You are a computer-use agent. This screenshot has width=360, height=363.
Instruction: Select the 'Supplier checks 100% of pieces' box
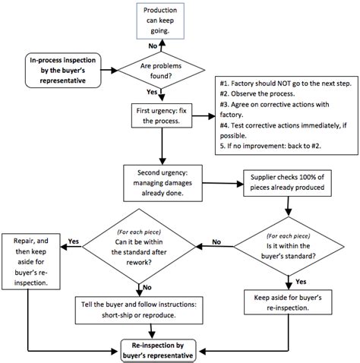coord(285,182)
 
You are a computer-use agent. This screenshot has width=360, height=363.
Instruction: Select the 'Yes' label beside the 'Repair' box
coord(74,241)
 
